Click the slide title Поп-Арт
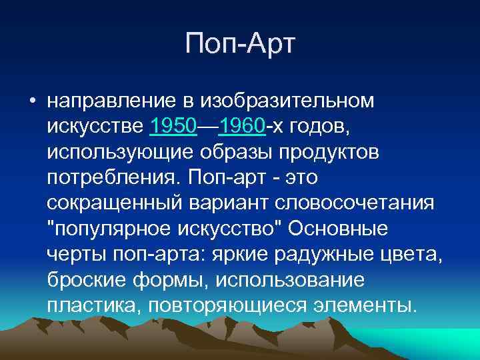coord(241,45)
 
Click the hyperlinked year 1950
coord(173,126)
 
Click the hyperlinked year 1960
coord(241,126)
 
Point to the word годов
coord(318,126)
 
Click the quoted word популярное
coord(117,227)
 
